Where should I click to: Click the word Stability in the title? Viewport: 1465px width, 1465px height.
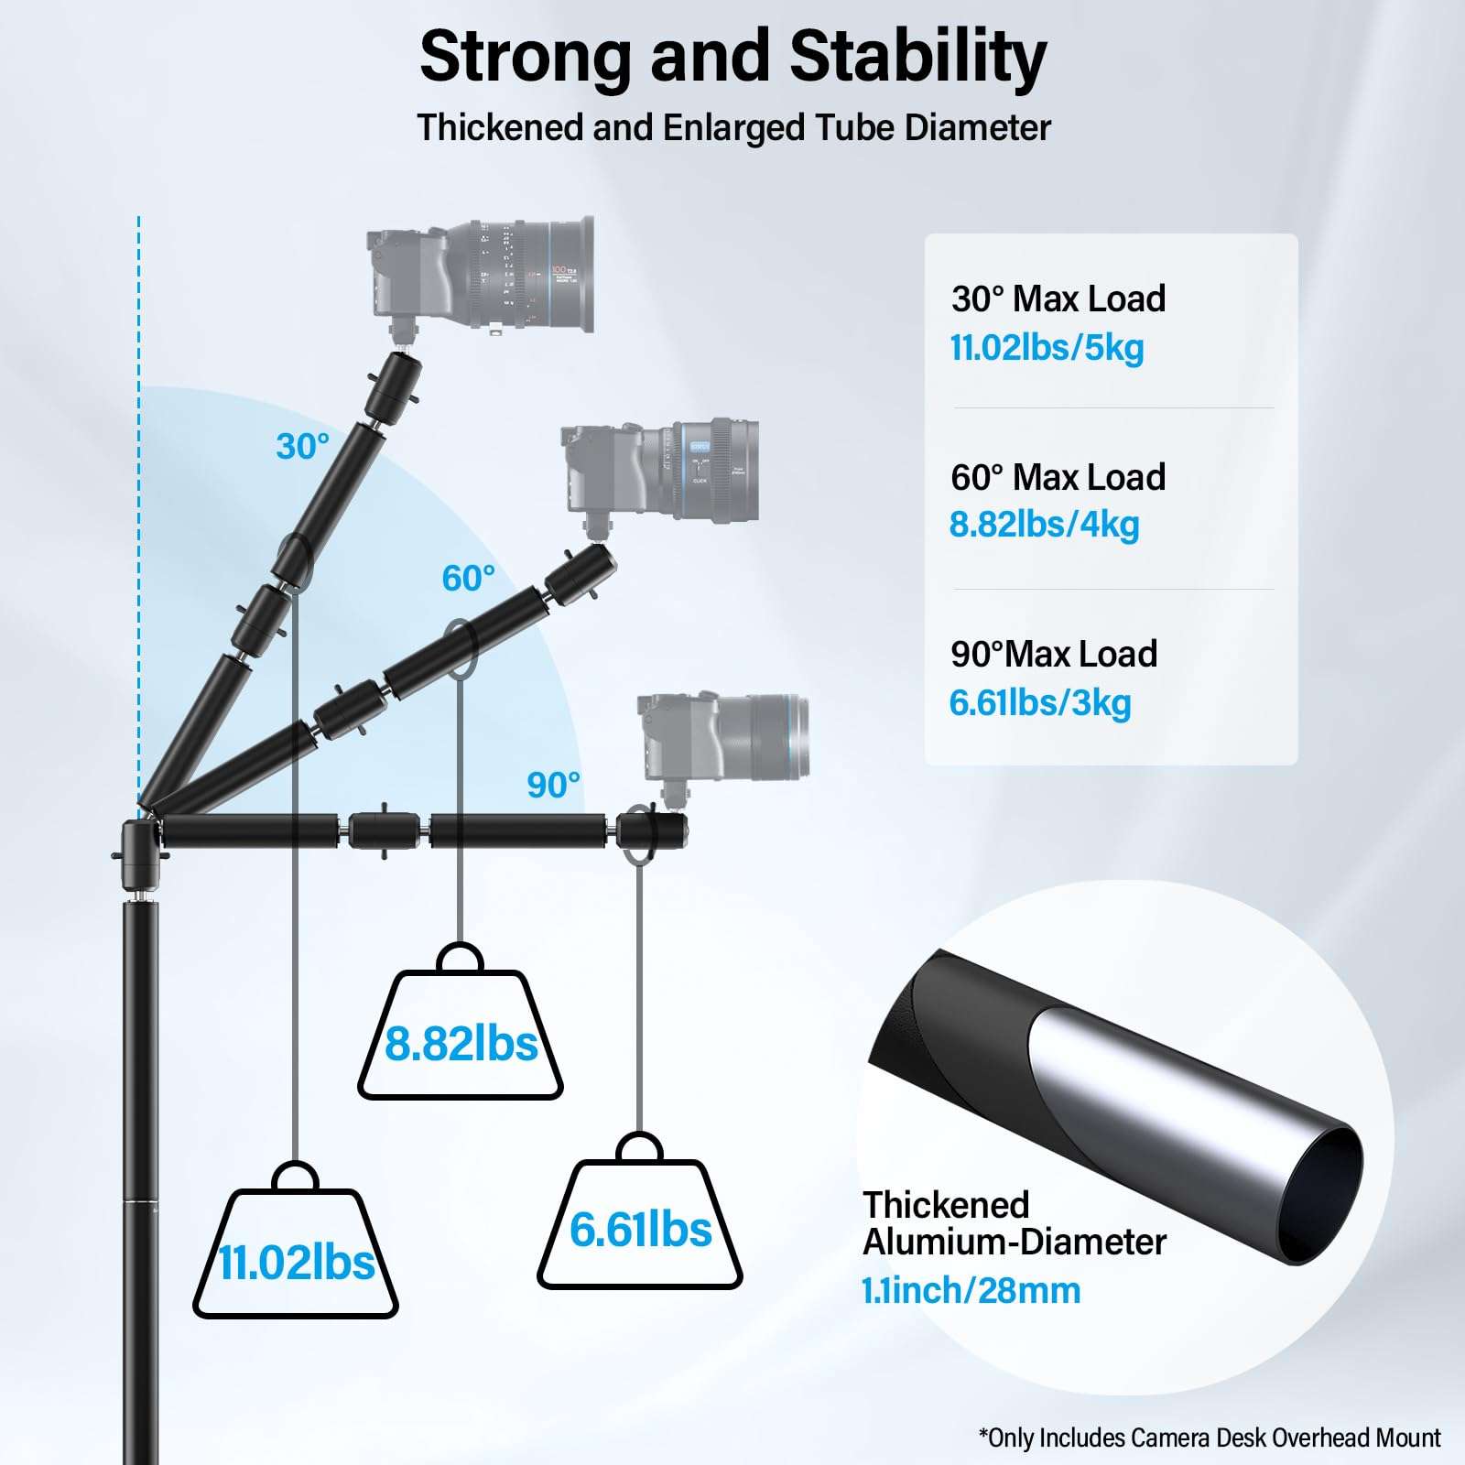[x=917, y=57]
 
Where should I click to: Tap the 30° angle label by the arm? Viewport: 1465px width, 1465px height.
[x=302, y=447]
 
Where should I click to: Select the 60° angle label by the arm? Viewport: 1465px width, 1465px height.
[x=468, y=579]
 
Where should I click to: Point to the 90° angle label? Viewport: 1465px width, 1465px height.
[x=553, y=786]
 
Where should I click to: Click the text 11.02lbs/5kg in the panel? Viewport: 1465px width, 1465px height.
[x=1047, y=348]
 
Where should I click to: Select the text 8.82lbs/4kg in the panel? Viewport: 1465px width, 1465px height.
[x=1044, y=525]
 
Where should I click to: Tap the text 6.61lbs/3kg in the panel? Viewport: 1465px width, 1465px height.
[x=1040, y=703]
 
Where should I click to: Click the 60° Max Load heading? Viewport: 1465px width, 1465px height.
[x=1058, y=477]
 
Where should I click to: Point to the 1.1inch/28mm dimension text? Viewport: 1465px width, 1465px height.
[x=971, y=1291]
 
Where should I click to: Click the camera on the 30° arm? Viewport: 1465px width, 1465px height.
[x=482, y=278]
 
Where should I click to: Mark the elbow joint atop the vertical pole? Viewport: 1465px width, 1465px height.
[x=141, y=841]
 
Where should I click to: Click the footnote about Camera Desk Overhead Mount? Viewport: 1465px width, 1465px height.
[x=1210, y=1438]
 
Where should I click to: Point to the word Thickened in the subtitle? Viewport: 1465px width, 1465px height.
[x=501, y=128]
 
